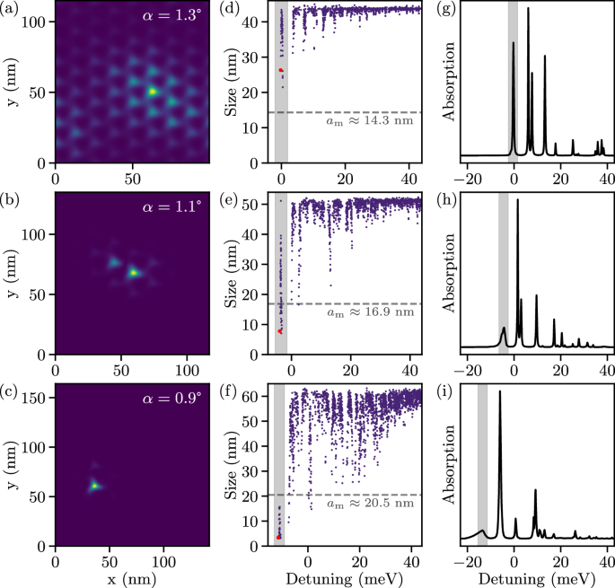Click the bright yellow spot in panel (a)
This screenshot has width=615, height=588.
[153, 91]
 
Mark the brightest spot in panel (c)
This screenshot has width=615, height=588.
[93, 487]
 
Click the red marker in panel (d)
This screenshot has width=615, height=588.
[281, 69]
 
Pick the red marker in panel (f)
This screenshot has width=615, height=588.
[279, 537]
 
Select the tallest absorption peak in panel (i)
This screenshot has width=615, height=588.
[500, 393]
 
